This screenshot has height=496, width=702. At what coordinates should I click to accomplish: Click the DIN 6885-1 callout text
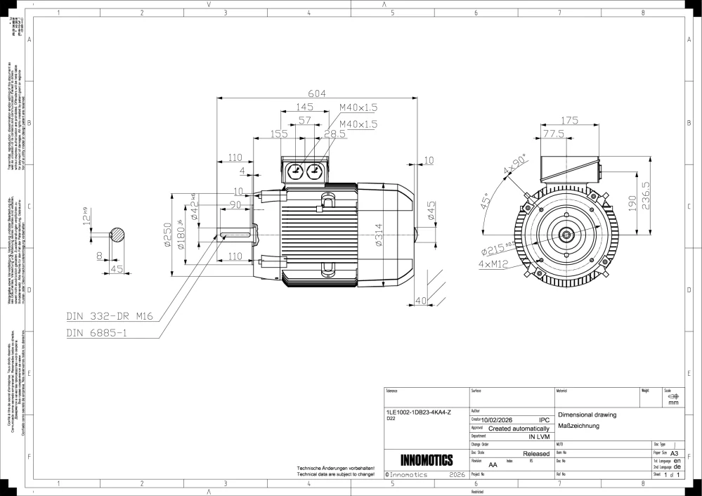(96, 332)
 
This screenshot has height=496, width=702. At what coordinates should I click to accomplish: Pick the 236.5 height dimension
(653, 195)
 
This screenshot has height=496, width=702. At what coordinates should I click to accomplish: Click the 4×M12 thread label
(495, 264)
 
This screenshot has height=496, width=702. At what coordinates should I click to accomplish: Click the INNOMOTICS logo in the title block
(426, 460)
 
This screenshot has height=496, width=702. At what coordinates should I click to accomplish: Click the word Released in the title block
(536, 454)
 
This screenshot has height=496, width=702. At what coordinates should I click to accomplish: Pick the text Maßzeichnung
(578, 426)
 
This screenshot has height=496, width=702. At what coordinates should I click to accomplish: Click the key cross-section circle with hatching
(119, 235)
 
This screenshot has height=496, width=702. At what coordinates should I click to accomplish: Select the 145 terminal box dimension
(304, 107)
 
